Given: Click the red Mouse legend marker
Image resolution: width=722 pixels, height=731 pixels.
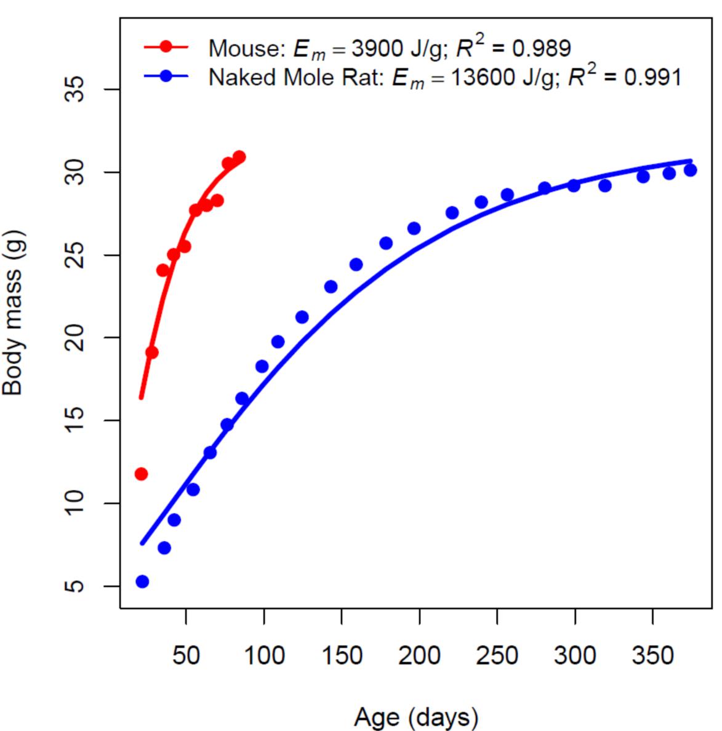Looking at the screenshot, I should pos(166,47).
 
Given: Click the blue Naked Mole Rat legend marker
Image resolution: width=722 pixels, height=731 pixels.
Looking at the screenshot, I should pos(166,77).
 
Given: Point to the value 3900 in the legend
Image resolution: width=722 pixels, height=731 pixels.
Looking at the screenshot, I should pos(376,48).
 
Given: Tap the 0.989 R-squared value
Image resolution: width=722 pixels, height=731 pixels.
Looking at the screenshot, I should pos(542,48).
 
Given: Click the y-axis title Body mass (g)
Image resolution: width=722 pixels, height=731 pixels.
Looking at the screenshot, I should pos(12,313).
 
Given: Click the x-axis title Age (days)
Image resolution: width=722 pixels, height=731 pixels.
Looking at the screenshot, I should pos(416,717).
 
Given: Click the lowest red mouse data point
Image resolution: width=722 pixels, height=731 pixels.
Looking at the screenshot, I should pos(141,474).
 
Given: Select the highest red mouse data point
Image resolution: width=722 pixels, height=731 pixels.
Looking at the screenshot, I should pos(239,157).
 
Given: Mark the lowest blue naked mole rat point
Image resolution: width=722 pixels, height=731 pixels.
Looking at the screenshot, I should pos(142,581).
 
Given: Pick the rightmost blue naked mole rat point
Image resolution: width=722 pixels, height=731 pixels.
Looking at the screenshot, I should pos(691,170).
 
